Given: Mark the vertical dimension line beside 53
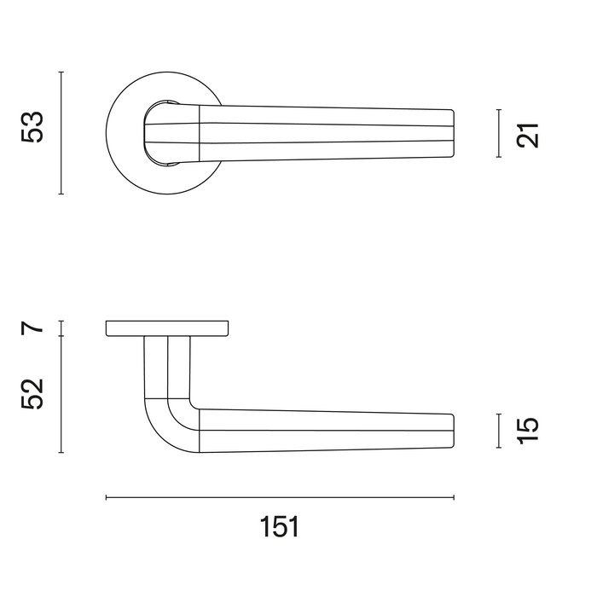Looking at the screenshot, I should (x=61, y=133).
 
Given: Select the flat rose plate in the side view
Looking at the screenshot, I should (x=167, y=328).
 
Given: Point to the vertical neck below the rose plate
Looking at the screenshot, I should (x=166, y=367).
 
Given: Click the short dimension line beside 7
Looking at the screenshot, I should (x=61, y=327).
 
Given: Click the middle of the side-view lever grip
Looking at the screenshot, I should (x=324, y=430).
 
